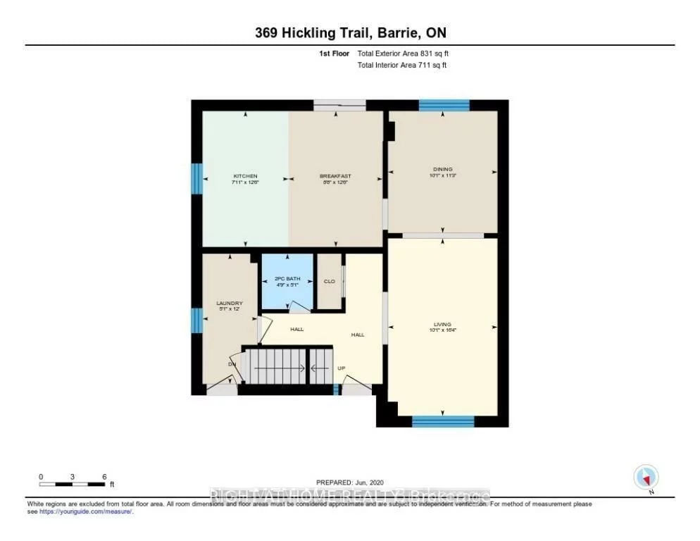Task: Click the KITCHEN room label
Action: tap(245, 176)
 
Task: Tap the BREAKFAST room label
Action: tap(335, 176)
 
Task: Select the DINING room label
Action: tap(442, 169)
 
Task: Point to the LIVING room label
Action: tap(442, 325)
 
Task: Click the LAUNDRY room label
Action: tap(229, 304)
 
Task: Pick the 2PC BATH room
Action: tap(287, 280)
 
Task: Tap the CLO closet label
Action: tap(328, 281)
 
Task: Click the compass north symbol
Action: tap(645, 477)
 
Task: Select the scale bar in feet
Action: tap(73, 483)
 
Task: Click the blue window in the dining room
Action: tap(444, 105)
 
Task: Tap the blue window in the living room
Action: tap(442, 421)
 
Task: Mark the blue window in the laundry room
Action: tap(197, 320)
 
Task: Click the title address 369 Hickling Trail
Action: tap(349, 32)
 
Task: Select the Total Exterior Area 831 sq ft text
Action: tap(402, 54)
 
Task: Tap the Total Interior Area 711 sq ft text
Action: tap(402, 66)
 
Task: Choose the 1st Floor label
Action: tap(334, 54)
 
